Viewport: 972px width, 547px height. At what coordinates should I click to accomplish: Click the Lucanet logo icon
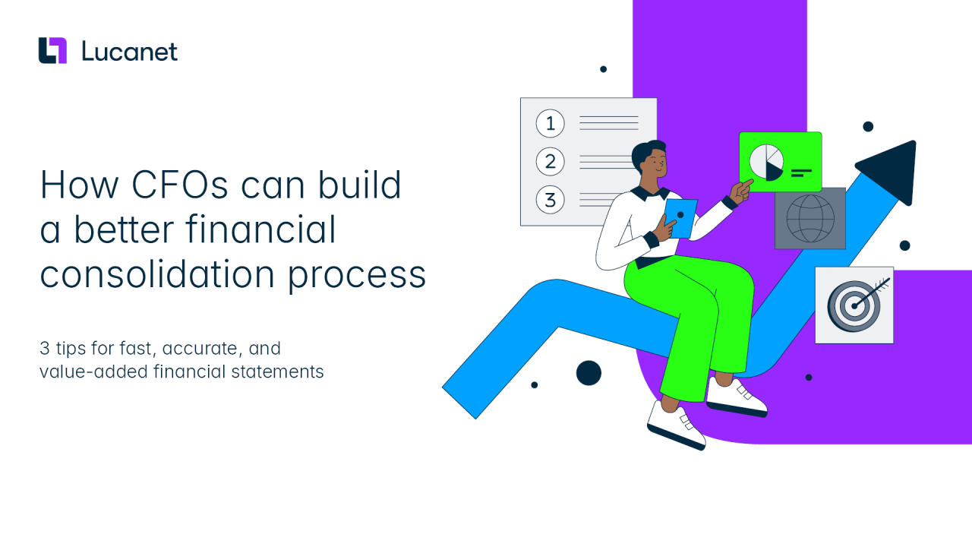pos(52,50)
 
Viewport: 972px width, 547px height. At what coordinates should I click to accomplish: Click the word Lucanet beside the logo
pos(130,52)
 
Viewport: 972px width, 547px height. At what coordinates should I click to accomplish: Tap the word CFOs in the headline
pos(180,185)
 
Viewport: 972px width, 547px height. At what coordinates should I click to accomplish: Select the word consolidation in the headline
pos(157,274)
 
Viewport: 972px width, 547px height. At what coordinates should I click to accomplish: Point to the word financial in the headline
pos(260,229)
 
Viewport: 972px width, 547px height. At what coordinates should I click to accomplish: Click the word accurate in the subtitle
pos(202,348)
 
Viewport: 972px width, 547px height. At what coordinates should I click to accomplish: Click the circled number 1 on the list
pos(551,124)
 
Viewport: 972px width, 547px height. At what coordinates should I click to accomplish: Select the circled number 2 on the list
pos(551,162)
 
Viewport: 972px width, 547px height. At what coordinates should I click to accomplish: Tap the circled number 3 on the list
pos(551,200)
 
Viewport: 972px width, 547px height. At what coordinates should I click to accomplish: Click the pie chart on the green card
pos(766,163)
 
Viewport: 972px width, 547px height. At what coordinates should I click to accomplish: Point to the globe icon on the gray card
pos(810,218)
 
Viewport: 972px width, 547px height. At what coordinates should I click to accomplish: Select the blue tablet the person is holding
pos(680,218)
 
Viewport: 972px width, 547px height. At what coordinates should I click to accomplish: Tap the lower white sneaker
pos(677,426)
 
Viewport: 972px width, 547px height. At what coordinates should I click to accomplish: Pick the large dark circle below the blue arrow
pos(589,373)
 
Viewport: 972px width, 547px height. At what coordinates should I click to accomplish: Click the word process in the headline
pos(357,276)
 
